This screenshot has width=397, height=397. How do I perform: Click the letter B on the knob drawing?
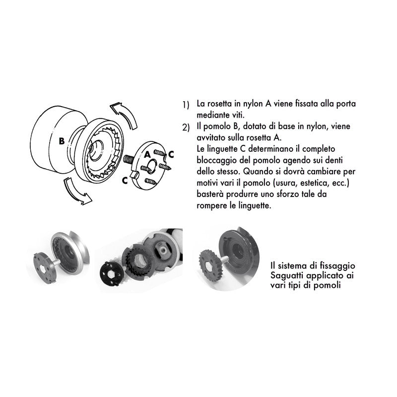click(61, 141)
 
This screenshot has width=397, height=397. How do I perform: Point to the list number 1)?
click(186, 105)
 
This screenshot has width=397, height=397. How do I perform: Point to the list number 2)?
click(186, 128)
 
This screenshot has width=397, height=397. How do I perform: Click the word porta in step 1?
click(345, 104)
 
